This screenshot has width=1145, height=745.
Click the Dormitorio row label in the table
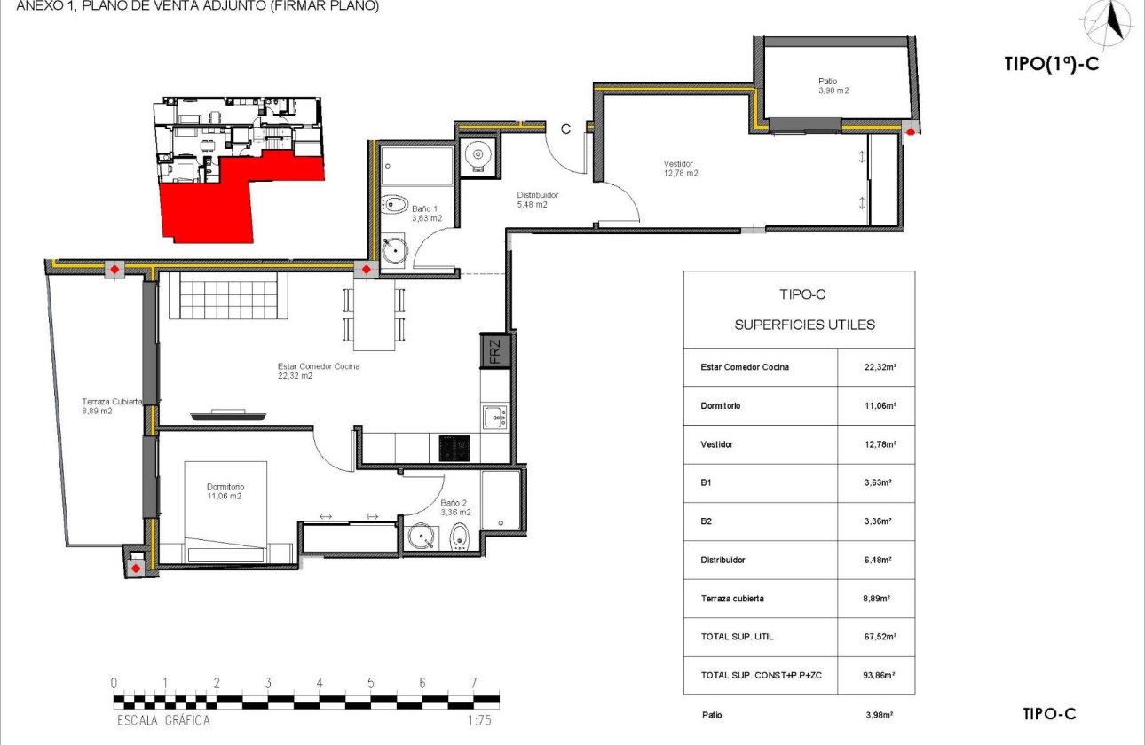(720, 406)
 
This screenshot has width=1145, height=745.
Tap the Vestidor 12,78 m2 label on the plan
(681, 169)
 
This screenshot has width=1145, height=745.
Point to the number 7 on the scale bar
(474, 683)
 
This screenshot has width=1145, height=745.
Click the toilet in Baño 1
(395, 204)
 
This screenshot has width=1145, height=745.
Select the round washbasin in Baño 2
(421, 537)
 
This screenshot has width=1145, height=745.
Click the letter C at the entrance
(565, 129)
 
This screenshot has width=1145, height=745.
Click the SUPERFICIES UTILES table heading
(804, 325)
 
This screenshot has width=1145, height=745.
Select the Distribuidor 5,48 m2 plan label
(538, 200)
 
